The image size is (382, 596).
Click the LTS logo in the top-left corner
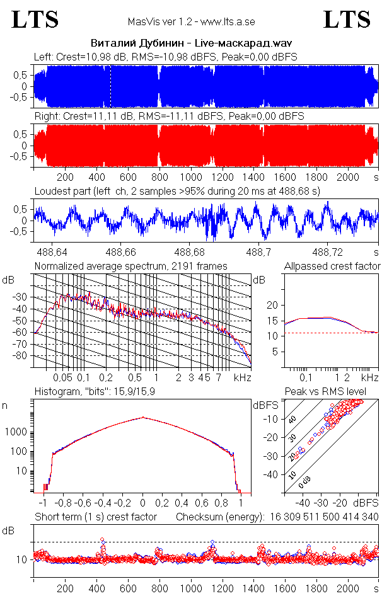[x=35, y=20]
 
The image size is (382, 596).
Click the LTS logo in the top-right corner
[x=347, y=20]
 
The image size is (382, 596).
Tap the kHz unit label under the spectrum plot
[x=243, y=377]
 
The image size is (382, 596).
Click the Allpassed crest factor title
[x=332, y=266]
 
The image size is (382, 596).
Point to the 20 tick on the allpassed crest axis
[x=273, y=305]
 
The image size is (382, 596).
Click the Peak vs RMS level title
[x=325, y=393]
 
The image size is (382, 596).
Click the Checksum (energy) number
[x=325, y=517]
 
